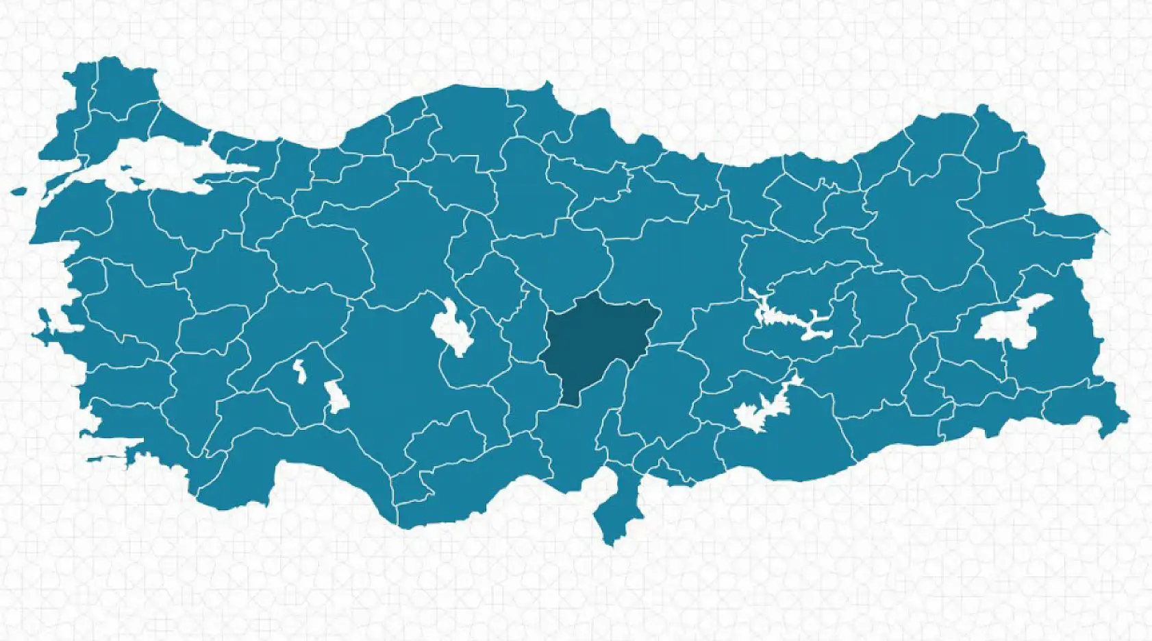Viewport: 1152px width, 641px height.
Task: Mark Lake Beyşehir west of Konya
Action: click(x=336, y=397)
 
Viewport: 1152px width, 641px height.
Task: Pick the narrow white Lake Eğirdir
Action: click(x=300, y=371)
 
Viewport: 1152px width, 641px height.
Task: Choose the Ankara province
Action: click(x=411, y=240)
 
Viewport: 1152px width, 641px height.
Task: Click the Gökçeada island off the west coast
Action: click(x=18, y=192)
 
